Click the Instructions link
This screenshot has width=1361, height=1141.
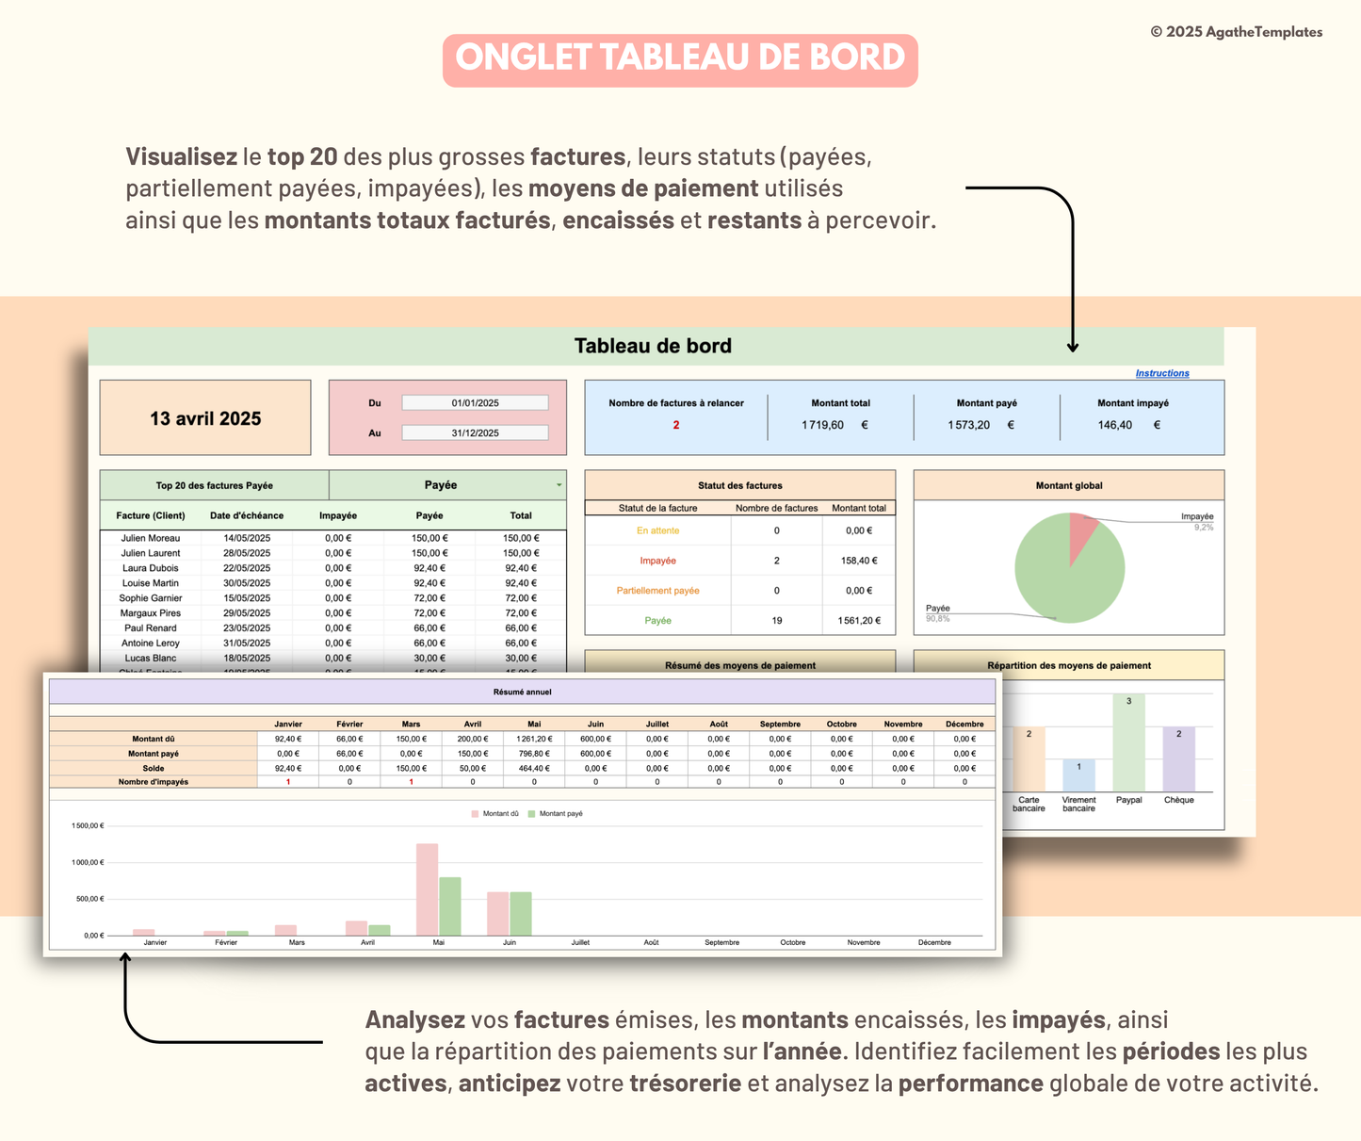(x=1161, y=374)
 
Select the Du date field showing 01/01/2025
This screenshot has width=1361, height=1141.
(x=475, y=403)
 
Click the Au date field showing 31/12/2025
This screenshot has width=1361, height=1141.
(x=475, y=433)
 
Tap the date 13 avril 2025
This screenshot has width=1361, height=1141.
(x=205, y=419)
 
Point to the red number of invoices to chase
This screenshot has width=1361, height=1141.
(x=675, y=426)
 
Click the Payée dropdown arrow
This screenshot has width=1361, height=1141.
(x=559, y=486)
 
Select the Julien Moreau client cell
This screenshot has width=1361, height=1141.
(x=151, y=539)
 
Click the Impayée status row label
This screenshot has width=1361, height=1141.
(x=657, y=562)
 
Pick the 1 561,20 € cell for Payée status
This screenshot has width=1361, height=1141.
(x=858, y=621)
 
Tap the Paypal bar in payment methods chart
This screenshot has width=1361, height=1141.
(x=1128, y=744)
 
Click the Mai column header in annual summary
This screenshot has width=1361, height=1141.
(x=534, y=725)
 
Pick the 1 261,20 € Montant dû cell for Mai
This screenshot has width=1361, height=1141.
(x=534, y=740)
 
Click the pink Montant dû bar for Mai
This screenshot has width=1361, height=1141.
(x=427, y=890)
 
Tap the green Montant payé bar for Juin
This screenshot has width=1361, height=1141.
(x=521, y=914)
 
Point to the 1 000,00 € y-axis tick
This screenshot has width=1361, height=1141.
(x=88, y=863)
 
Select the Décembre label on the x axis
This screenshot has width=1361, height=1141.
(x=934, y=943)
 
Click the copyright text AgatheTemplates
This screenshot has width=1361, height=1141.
(x=1236, y=32)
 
